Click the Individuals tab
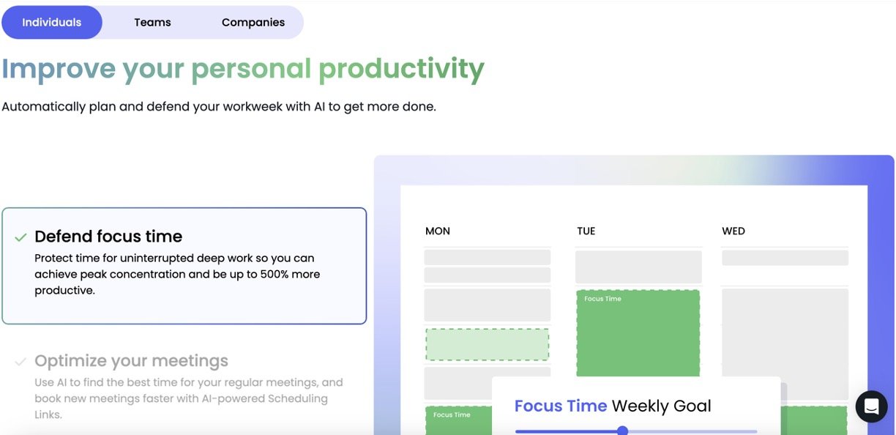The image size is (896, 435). (x=51, y=23)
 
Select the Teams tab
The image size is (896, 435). (x=152, y=23)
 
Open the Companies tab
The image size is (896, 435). (x=253, y=23)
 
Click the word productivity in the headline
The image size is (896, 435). (x=401, y=70)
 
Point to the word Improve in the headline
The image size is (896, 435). (x=59, y=70)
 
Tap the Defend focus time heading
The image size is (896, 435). (x=108, y=237)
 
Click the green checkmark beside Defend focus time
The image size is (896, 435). (x=20, y=237)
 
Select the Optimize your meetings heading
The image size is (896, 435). (x=131, y=361)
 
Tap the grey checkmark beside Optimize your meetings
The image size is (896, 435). (x=20, y=362)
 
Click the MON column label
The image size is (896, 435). (x=438, y=231)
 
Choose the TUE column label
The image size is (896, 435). (x=586, y=231)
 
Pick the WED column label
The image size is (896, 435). (x=733, y=231)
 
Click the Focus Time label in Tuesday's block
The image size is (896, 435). (x=602, y=299)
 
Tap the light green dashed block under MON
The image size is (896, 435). (x=488, y=344)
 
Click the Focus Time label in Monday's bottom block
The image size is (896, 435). (x=452, y=414)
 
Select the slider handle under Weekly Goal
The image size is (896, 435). (x=622, y=431)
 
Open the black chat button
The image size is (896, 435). (x=872, y=406)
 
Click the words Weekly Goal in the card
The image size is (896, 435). (x=662, y=406)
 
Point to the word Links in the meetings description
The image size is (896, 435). (x=48, y=414)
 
